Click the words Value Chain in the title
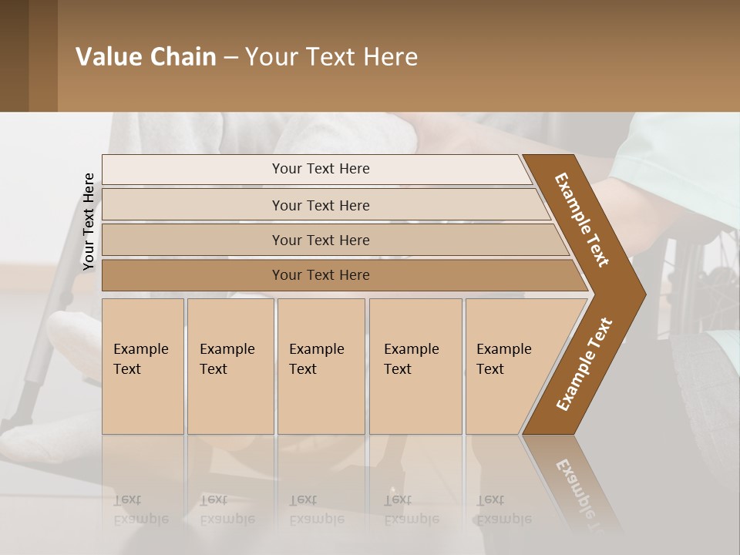[x=146, y=57]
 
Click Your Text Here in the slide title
[x=331, y=57]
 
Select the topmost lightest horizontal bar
[x=316, y=170]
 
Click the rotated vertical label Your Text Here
[x=89, y=222]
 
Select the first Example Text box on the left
[x=143, y=366]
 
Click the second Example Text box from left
[x=230, y=366]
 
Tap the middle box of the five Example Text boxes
[x=321, y=366]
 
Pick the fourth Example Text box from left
[x=415, y=366]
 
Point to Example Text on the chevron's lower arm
[x=584, y=364]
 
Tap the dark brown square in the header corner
[x=14, y=55]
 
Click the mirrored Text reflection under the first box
[x=141, y=509]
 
